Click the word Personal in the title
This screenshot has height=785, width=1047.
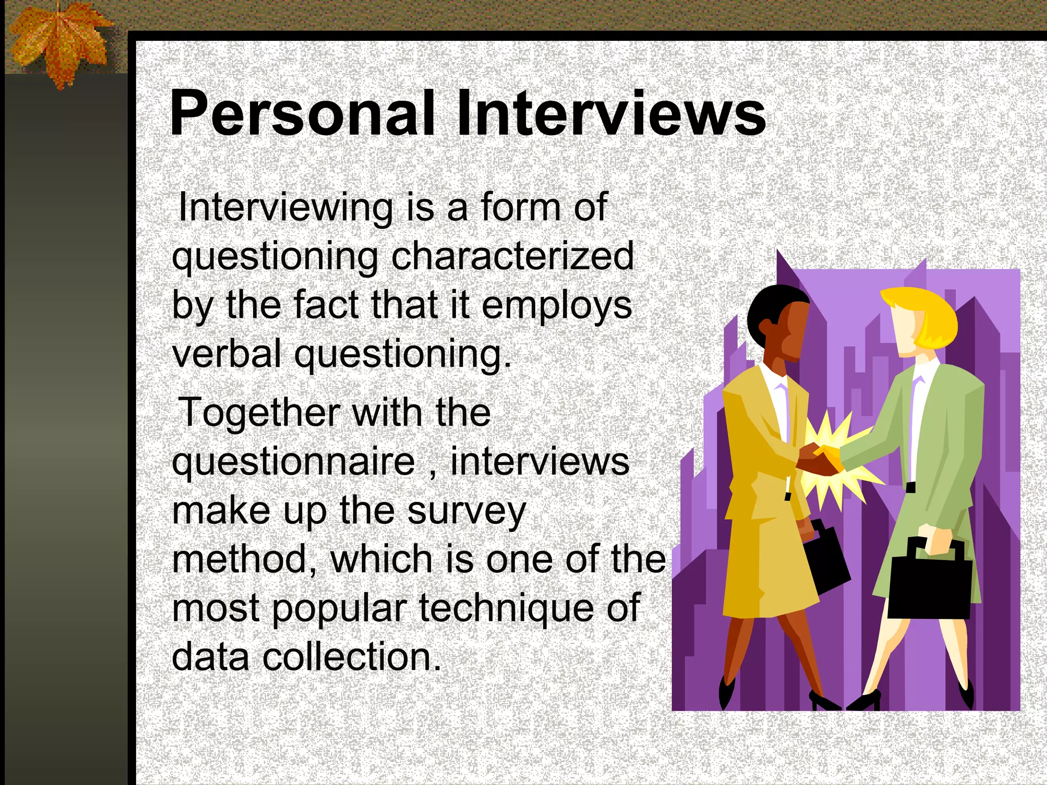(302, 113)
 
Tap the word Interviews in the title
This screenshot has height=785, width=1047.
(611, 113)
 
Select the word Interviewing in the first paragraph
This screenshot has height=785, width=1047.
(285, 208)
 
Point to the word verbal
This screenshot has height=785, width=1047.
(226, 354)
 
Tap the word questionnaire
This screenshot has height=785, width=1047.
(293, 461)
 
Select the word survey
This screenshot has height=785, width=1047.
(466, 511)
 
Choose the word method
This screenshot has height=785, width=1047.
(244, 559)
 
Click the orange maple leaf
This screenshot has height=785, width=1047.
(59, 43)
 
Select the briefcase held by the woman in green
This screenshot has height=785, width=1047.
(929, 585)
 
